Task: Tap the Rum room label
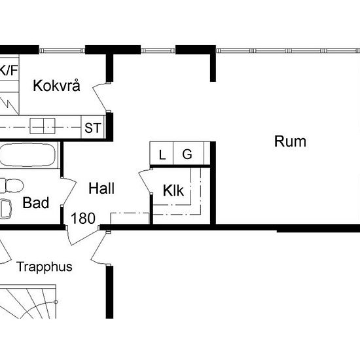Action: (290, 141)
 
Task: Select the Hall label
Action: (101, 189)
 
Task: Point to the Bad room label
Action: (36, 204)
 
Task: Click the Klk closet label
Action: (173, 191)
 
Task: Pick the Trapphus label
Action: (45, 266)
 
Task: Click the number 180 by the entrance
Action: (83, 219)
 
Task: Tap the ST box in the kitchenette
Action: (92, 128)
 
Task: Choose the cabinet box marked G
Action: (187, 155)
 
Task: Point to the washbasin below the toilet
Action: (6, 208)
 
